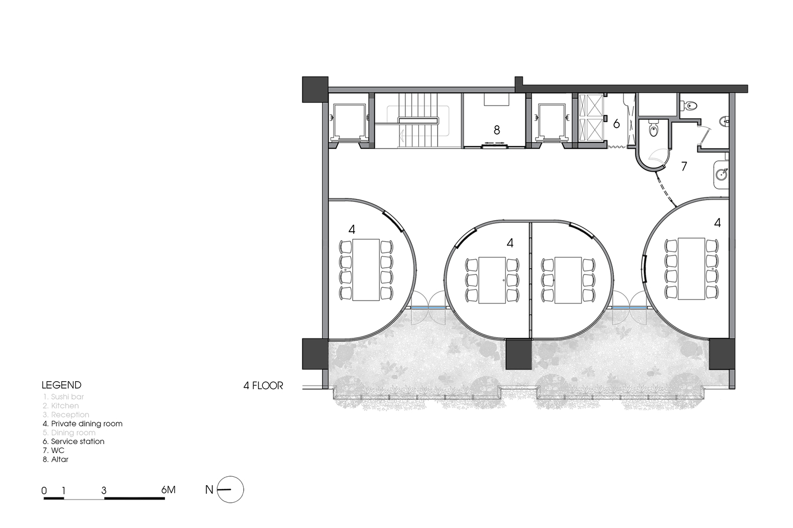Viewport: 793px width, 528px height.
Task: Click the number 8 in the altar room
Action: (x=496, y=130)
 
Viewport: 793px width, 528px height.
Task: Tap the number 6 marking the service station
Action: (x=616, y=125)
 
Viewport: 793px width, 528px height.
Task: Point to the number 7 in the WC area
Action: (x=684, y=167)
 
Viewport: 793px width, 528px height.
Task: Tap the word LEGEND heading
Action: (x=62, y=385)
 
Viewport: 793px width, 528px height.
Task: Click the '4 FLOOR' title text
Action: (x=263, y=385)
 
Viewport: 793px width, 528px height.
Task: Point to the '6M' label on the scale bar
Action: (x=168, y=490)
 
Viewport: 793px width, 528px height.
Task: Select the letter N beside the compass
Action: (x=209, y=490)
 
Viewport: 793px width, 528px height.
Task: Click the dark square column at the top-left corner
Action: (x=315, y=89)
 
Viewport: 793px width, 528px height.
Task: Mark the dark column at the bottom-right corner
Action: (x=722, y=354)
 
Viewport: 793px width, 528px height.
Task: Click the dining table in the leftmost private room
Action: (x=366, y=270)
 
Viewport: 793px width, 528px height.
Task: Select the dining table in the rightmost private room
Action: (x=691, y=269)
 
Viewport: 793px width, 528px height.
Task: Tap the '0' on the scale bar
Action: (x=44, y=491)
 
